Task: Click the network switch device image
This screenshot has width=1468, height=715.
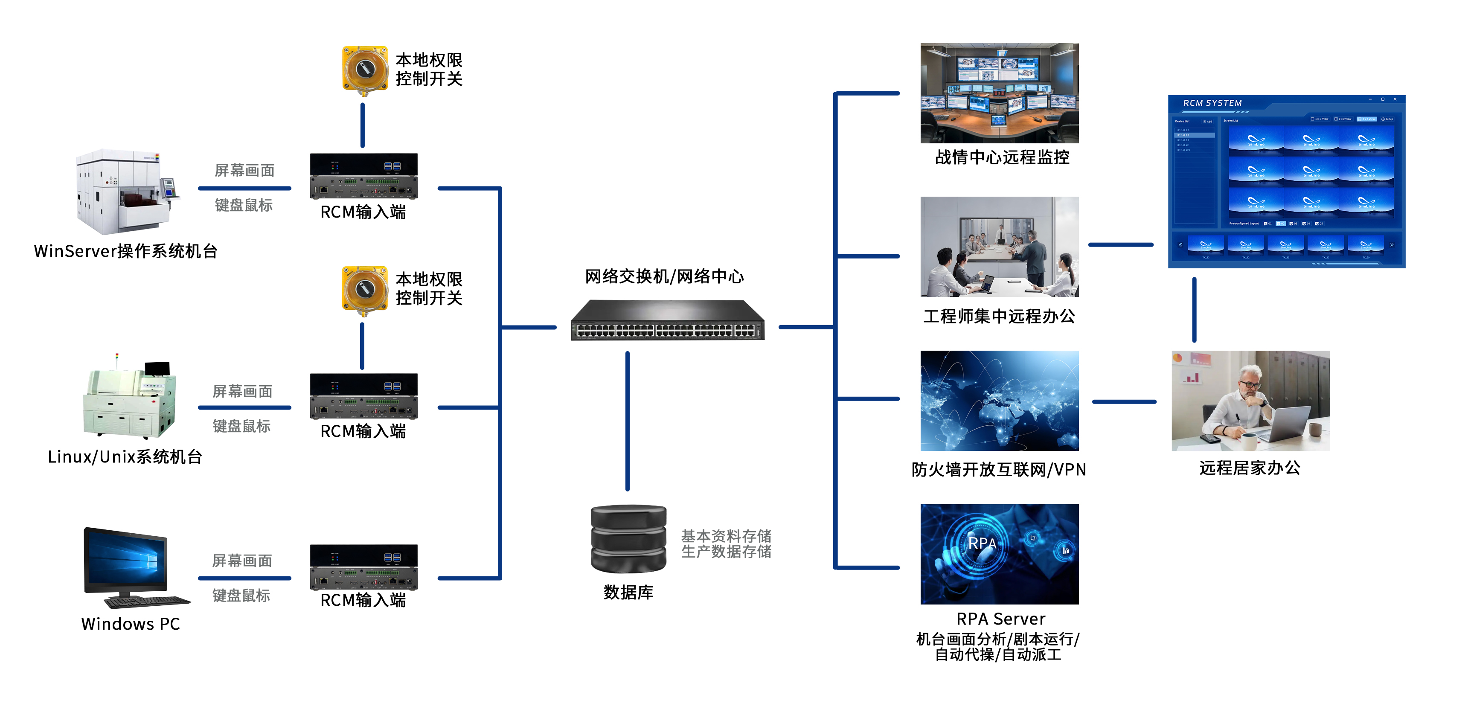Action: (x=667, y=321)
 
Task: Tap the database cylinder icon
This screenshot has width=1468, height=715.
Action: (x=628, y=539)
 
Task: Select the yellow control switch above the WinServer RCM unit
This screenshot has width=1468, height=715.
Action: (x=365, y=70)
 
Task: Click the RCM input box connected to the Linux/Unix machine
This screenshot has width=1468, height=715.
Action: (x=363, y=396)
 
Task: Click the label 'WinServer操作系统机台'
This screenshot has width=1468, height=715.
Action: (x=126, y=251)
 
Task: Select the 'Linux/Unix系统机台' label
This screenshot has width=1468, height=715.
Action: (x=125, y=457)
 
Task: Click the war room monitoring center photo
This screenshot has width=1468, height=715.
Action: (x=999, y=93)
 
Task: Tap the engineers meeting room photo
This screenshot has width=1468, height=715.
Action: (x=999, y=247)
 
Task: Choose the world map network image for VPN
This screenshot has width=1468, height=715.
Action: (x=999, y=401)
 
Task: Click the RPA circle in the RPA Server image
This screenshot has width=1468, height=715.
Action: (x=981, y=543)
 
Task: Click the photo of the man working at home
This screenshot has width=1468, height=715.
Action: (x=1250, y=401)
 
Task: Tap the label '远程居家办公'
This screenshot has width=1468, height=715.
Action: (x=1250, y=468)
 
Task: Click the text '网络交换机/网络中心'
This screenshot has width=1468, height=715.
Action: (x=665, y=277)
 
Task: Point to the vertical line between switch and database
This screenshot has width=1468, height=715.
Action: (x=628, y=421)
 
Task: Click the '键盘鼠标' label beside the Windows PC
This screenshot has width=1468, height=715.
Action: (x=241, y=596)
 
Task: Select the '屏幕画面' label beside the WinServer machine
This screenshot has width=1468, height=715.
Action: (x=244, y=170)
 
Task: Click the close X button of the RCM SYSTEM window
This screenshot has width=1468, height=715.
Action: (x=1395, y=100)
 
